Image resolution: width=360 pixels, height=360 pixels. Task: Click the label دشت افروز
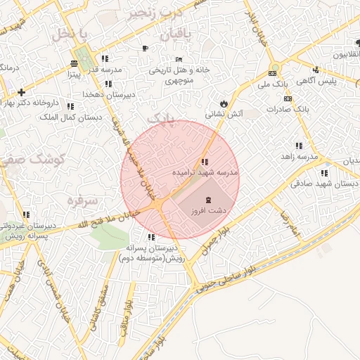pos(207,211)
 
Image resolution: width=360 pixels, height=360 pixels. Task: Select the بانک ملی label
pos(273,84)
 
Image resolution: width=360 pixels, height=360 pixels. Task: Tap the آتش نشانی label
pos(224,113)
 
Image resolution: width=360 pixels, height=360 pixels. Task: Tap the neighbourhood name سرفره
pos(79,200)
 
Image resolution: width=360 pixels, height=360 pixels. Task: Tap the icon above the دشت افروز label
pos(207,200)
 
